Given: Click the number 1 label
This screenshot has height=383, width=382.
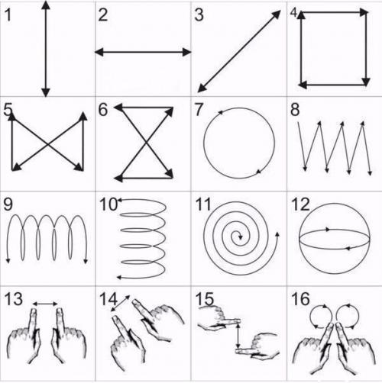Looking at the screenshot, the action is click(8, 15).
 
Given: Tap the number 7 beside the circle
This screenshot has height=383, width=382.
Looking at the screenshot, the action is click(199, 110).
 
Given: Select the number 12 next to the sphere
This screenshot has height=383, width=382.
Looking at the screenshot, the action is click(300, 204).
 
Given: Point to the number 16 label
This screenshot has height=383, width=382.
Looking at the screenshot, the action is click(300, 299).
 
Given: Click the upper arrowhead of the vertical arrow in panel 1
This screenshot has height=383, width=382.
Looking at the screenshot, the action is click(46, 5).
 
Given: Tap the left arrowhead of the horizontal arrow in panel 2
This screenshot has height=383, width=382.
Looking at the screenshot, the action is click(99, 52).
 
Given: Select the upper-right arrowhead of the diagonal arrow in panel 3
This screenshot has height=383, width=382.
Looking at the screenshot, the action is click(276, 14).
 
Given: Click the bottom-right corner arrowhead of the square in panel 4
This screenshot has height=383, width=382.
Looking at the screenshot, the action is click(366, 82).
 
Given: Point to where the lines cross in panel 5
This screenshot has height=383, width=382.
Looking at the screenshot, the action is click(47, 144).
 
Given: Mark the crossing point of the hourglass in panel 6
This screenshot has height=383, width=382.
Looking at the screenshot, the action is click(146, 143).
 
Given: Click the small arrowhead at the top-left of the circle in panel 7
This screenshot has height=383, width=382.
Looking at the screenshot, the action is click(220, 112).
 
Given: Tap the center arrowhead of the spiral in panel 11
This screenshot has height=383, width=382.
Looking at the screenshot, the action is click(240, 237).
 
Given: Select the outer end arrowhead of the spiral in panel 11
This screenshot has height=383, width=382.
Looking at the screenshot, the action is click(277, 234).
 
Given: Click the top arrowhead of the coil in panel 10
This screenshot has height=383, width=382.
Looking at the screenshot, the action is click(119, 200).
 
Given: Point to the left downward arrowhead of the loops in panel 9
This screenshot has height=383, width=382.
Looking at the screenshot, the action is click(8, 261).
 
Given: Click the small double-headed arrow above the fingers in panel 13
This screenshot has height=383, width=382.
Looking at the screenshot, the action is click(45, 304).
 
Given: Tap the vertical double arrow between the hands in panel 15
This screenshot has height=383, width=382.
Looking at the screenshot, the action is click(238, 335).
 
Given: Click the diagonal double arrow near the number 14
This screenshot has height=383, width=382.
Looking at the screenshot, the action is click(120, 303).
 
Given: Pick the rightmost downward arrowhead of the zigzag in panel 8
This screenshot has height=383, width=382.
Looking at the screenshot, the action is click(370, 172).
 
